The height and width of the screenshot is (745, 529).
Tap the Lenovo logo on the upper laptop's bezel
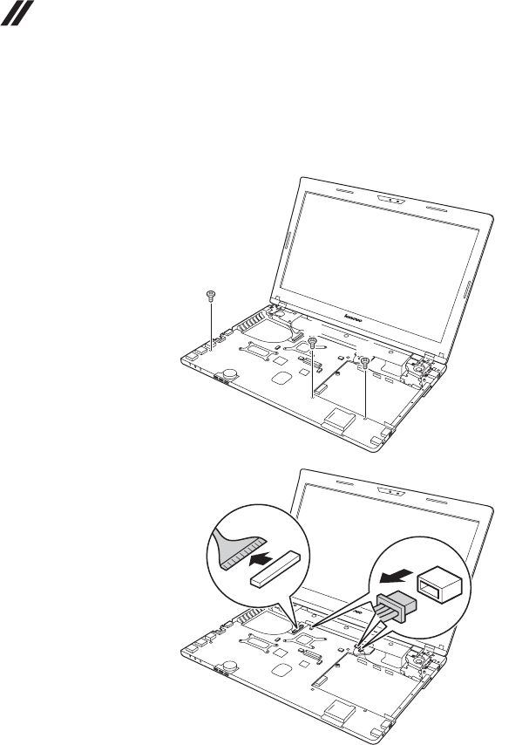click(349, 311)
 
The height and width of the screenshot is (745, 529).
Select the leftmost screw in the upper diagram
click(210, 296)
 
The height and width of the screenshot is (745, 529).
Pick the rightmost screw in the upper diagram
click(366, 360)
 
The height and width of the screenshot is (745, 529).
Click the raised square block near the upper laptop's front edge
click(341, 420)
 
